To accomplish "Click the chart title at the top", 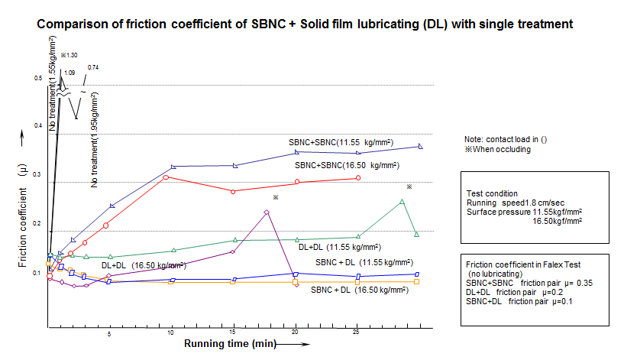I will pyautogui.click(x=306, y=24).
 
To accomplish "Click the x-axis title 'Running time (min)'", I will pyautogui.click(x=230, y=344).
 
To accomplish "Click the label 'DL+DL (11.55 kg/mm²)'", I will pyautogui.click(x=339, y=247).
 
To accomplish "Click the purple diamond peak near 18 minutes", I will pyautogui.click(x=267, y=212).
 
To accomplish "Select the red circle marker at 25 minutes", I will pyautogui.click(x=358, y=178).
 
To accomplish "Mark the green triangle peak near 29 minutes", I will pyautogui.click(x=403, y=201).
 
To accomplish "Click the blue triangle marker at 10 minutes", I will pyautogui.click(x=173, y=166).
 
